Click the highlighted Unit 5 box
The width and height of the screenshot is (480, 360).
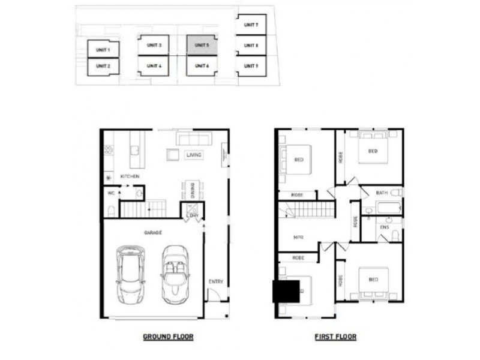[x=201, y=45]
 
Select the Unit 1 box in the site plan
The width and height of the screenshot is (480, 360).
[x=103, y=49]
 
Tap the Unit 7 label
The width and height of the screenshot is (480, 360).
[x=251, y=25]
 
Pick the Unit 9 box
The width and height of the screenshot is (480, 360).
[x=251, y=65]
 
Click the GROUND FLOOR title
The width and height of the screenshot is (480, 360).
[x=168, y=337]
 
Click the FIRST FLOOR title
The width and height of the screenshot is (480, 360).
[x=335, y=337]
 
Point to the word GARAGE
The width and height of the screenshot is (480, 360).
[x=153, y=232]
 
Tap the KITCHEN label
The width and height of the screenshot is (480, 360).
[x=130, y=176]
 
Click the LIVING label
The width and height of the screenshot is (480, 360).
[x=194, y=155]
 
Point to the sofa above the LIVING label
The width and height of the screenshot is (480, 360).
[x=193, y=139]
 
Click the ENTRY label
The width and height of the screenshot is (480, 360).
[x=216, y=281]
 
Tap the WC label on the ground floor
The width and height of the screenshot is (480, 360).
[x=111, y=193]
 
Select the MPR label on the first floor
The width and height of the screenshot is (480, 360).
[x=298, y=237]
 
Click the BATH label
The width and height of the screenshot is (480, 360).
[x=382, y=193]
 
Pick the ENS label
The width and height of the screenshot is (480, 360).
[x=384, y=227]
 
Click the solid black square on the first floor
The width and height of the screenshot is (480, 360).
[x=286, y=292]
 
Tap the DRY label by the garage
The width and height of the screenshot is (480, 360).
[x=194, y=215]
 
